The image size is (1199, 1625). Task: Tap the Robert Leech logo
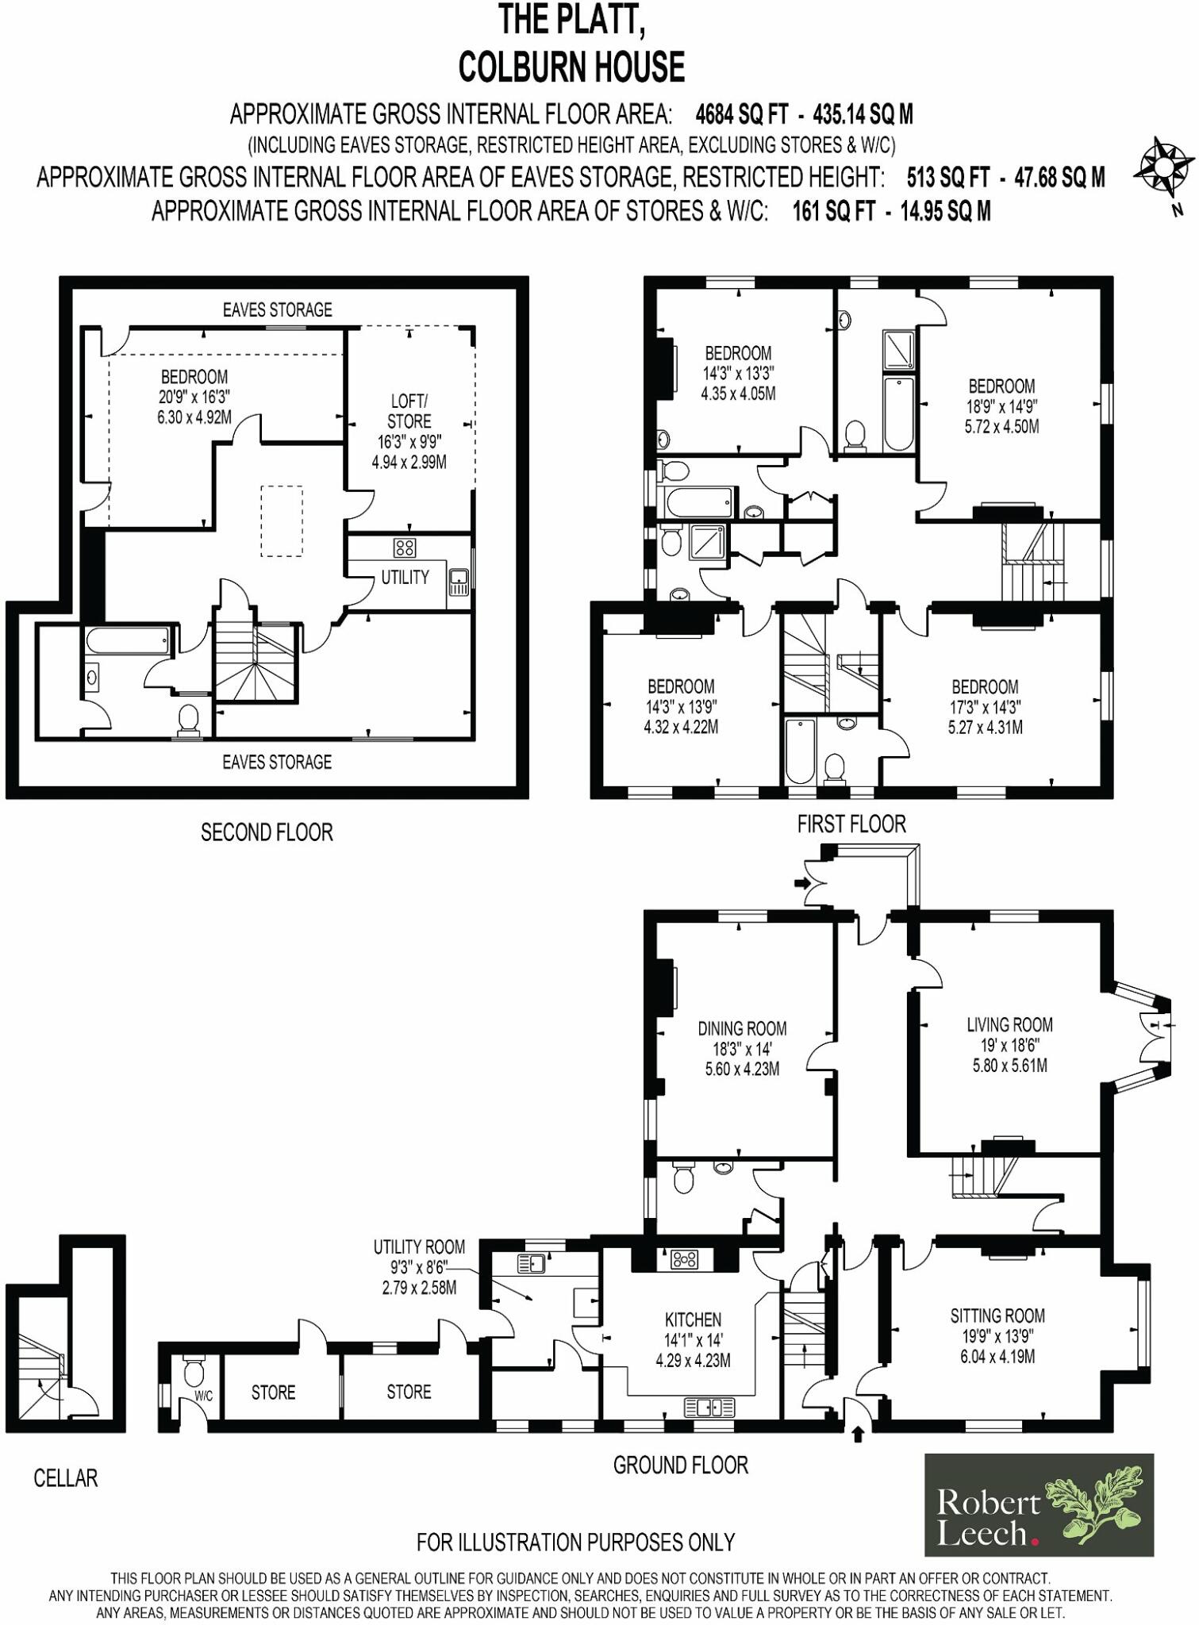pos(1039,1504)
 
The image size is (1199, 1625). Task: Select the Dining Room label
pos(742,1028)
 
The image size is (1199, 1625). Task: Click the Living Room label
pos(1009,1024)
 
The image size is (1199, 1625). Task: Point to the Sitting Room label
pos(997,1316)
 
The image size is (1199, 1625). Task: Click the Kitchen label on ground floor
pos(693,1320)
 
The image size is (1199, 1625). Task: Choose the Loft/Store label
pos(409,411)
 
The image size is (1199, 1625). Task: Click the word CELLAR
pos(65,1478)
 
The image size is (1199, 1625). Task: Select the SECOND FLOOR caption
pos(267,832)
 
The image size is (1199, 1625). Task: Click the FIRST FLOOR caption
pos(851,824)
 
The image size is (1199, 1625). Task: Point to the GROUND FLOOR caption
pos(680,1465)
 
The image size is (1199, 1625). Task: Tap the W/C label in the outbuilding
pos(203,1396)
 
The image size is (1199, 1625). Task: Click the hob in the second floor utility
pos(405,547)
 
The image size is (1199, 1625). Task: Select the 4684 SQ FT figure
pos(741,114)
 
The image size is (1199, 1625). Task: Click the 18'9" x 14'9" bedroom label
pos(1001,406)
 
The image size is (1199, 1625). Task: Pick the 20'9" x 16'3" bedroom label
pos(194,397)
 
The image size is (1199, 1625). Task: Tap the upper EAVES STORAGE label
pos(277,309)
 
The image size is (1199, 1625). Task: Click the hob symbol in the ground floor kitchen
pos(684,1258)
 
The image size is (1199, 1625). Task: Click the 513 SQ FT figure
pos(948,177)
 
